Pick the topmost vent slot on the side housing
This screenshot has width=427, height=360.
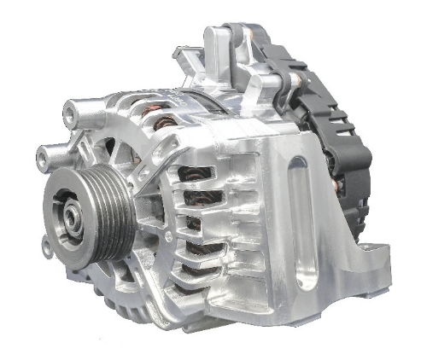(x=198, y=176)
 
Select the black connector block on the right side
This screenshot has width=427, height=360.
(x=354, y=162)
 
